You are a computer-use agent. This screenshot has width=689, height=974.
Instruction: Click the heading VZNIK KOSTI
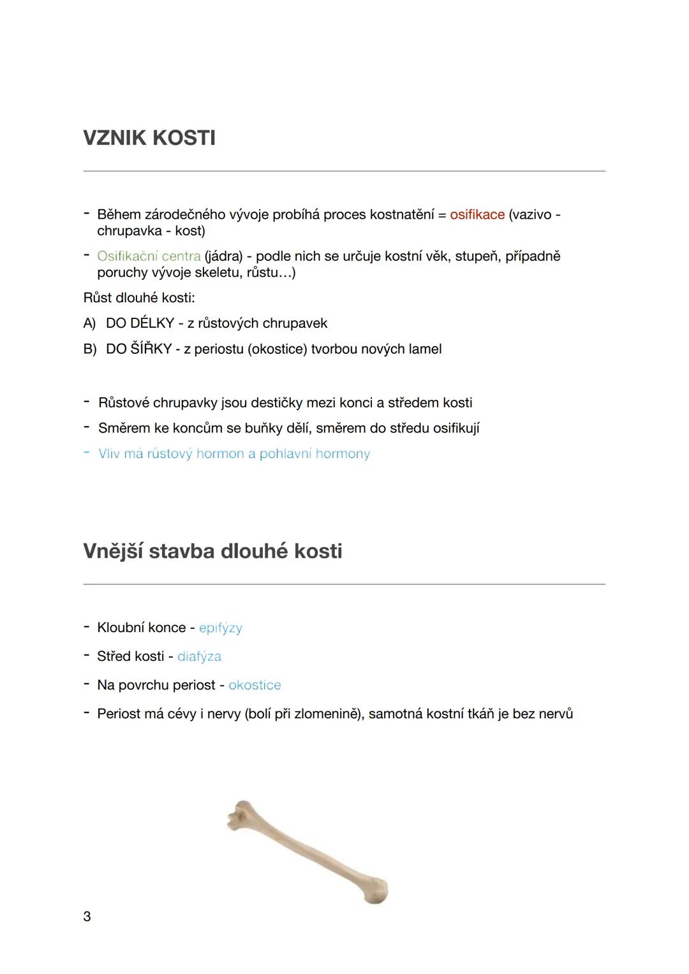click(x=149, y=138)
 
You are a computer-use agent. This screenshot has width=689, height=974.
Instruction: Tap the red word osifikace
click(x=477, y=215)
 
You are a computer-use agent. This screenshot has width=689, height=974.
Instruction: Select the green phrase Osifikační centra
click(x=149, y=256)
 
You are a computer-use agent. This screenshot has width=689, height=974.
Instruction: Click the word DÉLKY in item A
click(x=152, y=323)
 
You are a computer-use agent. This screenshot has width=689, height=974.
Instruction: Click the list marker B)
click(x=90, y=350)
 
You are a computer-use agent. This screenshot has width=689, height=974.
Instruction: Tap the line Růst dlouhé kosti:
click(x=139, y=298)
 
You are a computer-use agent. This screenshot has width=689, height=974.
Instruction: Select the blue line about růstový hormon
click(x=234, y=454)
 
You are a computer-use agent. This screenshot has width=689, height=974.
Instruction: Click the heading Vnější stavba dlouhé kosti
click(x=212, y=551)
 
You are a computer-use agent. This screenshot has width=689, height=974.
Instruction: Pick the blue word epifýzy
click(x=221, y=628)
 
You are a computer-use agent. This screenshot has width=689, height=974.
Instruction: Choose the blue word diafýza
click(x=199, y=656)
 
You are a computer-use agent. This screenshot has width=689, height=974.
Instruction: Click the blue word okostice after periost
click(x=255, y=685)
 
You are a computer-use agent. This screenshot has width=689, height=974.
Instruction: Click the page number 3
click(x=87, y=917)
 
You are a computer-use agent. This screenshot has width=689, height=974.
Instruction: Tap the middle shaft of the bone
click(x=306, y=852)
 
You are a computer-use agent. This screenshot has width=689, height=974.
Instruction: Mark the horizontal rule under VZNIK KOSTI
click(x=344, y=171)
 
